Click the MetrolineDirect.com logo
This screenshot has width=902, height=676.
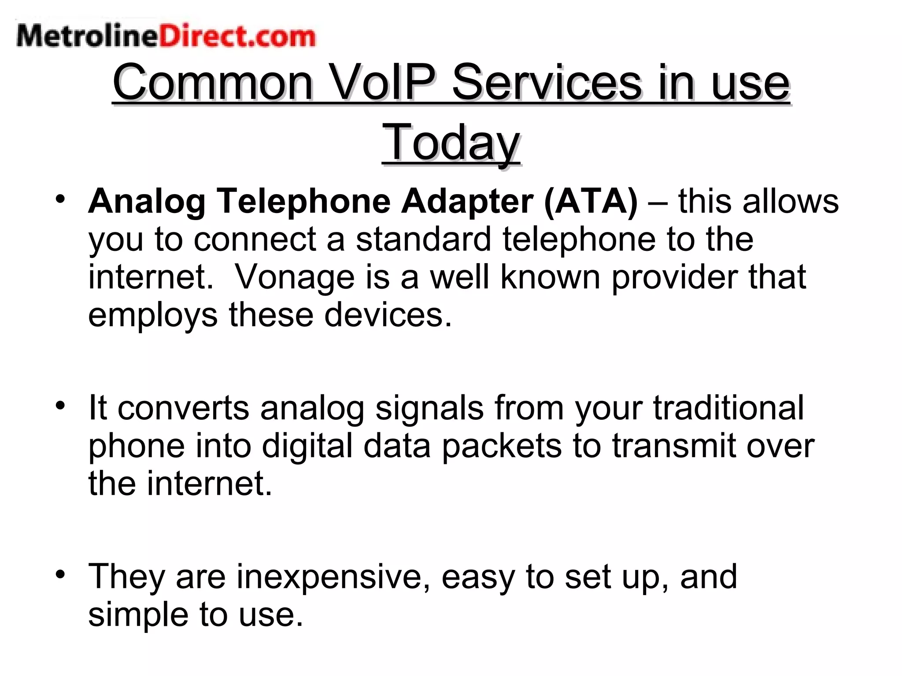(166, 36)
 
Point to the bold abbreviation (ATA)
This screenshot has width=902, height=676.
(591, 201)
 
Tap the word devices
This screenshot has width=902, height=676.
(388, 315)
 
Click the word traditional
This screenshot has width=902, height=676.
(728, 408)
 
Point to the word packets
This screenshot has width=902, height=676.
(502, 446)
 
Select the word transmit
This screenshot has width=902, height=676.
(673, 445)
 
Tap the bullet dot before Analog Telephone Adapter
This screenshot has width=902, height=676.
(60, 198)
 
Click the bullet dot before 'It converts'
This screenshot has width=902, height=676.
(60, 405)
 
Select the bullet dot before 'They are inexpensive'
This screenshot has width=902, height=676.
(60, 574)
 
